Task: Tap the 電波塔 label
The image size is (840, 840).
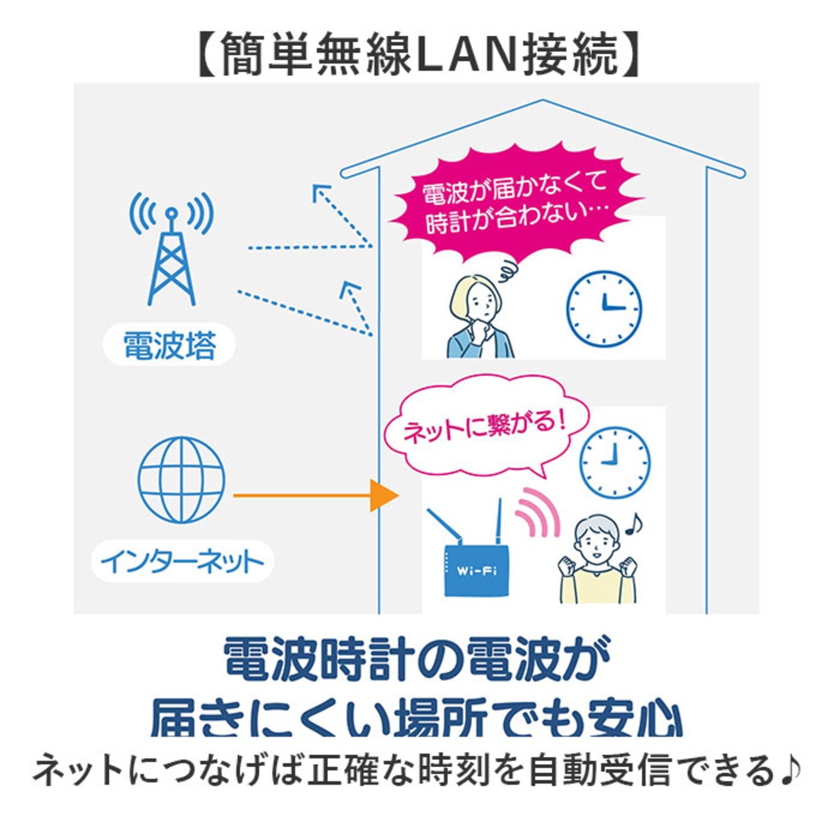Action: pos(169,346)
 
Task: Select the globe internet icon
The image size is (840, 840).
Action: pos(181,480)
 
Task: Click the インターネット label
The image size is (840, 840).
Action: pos(182,562)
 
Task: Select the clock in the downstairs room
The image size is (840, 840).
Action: pos(615,462)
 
